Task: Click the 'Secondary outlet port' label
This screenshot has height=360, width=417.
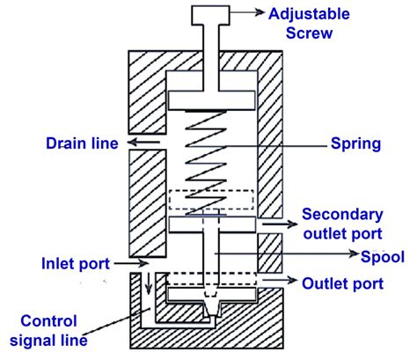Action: [342, 224]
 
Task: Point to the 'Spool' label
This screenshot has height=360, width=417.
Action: [383, 257]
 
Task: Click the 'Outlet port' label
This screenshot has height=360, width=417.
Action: [342, 283]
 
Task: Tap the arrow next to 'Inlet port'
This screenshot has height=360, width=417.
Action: [126, 262]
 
